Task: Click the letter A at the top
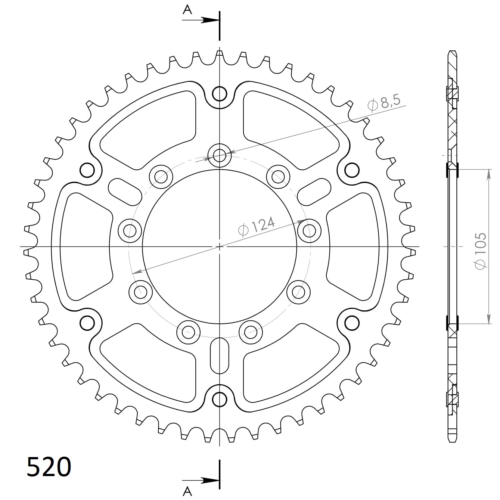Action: pos(187,10)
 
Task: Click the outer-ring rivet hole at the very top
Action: pos(220,94)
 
